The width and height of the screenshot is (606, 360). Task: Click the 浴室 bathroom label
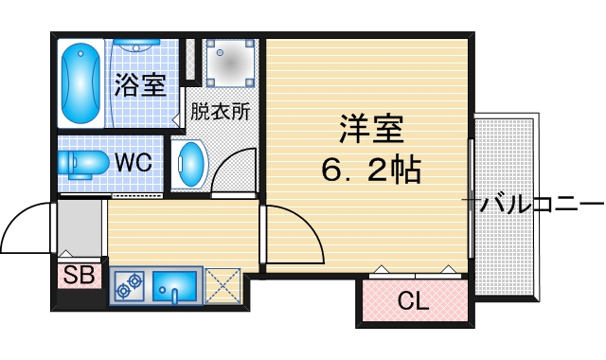(x=140, y=84)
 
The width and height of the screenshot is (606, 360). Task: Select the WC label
(x=134, y=162)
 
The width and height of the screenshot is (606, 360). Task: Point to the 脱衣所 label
(x=221, y=111)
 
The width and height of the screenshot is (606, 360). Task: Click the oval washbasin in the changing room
(x=189, y=163)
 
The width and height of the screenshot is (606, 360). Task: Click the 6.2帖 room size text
(x=370, y=171)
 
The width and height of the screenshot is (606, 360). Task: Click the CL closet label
(x=412, y=302)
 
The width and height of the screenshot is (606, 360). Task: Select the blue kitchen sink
(x=174, y=286)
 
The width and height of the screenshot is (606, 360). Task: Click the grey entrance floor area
(x=80, y=227)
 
